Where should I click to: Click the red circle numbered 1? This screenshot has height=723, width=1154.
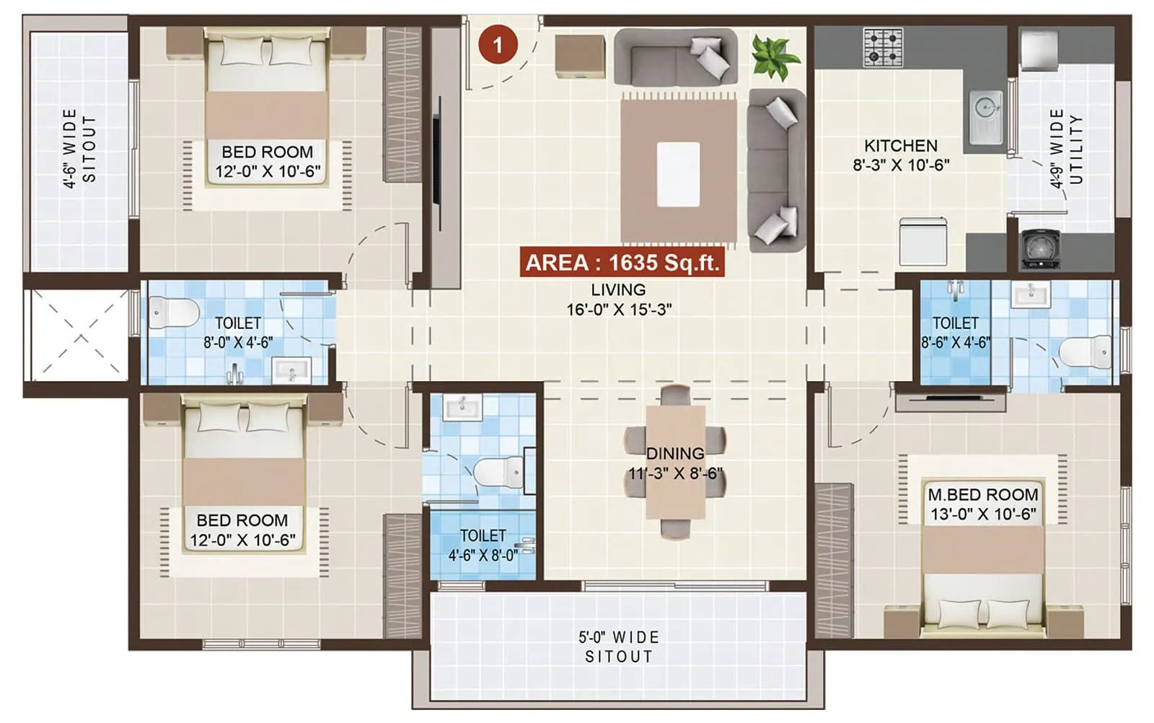pyautogui.click(x=498, y=45)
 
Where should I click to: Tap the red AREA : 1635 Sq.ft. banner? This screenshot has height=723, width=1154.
pyautogui.click(x=622, y=263)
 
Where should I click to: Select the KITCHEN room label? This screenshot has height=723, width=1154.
pyautogui.click(x=901, y=146)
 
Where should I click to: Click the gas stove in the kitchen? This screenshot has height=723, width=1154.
pyautogui.click(x=883, y=48)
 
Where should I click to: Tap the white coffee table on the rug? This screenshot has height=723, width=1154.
pyautogui.click(x=678, y=174)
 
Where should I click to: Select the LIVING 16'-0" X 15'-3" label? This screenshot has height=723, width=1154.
pyautogui.click(x=619, y=299)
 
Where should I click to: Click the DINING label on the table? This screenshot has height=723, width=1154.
pyautogui.click(x=675, y=454)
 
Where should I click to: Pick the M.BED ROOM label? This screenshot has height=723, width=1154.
pyautogui.click(x=983, y=495)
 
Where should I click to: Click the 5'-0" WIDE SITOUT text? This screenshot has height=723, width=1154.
pyautogui.click(x=619, y=647)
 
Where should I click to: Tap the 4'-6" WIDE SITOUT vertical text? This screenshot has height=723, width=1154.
pyautogui.click(x=79, y=148)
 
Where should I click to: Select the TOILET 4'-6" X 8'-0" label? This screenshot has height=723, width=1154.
pyautogui.click(x=483, y=545)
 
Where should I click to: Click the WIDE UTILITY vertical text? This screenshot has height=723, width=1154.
pyautogui.click(x=1066, y=148)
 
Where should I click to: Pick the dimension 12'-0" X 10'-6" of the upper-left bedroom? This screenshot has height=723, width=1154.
pyautogui.click(x=268, y=172)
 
